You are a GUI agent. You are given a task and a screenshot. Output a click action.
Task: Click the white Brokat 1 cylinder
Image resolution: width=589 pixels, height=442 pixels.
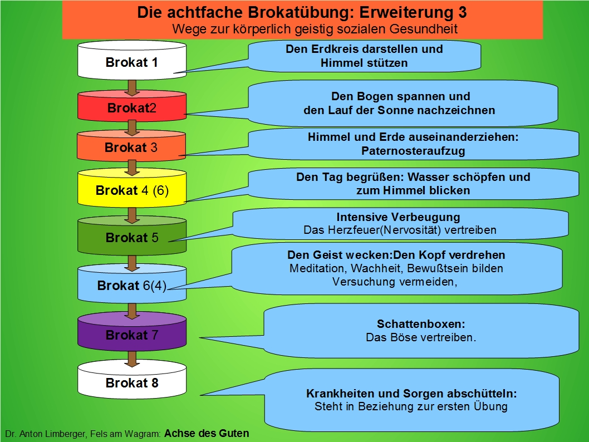[x=132, y=60]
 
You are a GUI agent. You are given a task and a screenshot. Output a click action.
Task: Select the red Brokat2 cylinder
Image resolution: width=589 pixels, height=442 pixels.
[x=132, y=106]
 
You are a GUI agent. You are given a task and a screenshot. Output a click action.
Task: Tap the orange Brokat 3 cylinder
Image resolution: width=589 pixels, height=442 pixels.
[x=131, y=145]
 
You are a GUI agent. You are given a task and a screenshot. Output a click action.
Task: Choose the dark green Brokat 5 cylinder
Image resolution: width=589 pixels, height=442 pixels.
[x=132, y=235]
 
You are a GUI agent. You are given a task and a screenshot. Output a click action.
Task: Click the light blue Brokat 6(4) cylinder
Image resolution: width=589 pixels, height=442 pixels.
[x=132, y=283]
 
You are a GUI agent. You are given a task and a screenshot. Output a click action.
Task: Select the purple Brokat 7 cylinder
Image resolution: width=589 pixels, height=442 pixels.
[x=132, y=332]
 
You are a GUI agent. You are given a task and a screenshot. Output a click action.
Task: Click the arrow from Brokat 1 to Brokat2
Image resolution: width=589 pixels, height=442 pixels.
[x=132, y=87]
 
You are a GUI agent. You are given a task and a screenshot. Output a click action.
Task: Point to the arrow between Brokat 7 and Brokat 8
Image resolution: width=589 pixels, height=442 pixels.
[x=132, y=358]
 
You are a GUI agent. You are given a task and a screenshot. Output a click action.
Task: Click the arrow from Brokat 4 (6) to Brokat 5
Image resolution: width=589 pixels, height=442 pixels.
[x=132, y=215]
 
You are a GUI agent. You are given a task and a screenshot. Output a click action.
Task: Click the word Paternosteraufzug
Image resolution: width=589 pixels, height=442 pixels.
[x=413, y=151]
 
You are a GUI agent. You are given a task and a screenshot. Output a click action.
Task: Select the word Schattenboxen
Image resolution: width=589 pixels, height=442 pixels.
[x=421, y=324]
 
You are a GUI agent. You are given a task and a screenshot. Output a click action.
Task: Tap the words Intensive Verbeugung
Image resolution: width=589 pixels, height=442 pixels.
[x=398, y=217]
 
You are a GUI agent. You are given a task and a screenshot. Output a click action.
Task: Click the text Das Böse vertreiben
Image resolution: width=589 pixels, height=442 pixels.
[x=421, y=337]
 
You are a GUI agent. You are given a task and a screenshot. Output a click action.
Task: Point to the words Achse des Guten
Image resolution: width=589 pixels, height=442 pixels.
[x=207, y=433]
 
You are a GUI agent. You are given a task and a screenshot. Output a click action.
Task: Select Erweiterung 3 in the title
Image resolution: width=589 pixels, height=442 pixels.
[x=413, y=12]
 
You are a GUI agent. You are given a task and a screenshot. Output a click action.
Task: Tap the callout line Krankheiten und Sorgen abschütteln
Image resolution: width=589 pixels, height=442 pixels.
[x=412, y=393]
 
